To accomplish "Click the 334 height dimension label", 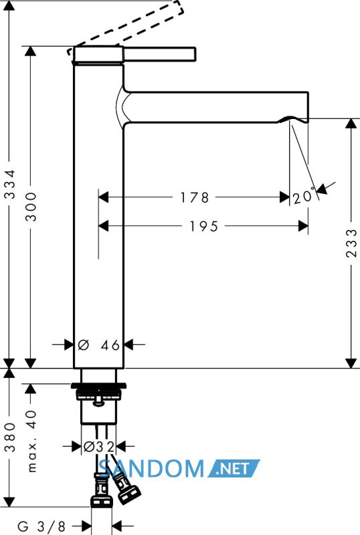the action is click(11, 185).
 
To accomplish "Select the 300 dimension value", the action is click(31, 207).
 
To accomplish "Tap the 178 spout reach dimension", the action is click(194, 197).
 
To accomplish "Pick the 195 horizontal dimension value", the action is click(204, 226).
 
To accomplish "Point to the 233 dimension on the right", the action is click(351, 243).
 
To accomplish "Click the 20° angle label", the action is click(304, 197).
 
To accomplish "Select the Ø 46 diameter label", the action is click(99, 345).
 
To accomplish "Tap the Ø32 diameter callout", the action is click(99, 446).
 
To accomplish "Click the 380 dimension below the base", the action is click(11, 437).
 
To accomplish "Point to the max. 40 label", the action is click(31, 441).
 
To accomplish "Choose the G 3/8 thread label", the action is click(41, 526).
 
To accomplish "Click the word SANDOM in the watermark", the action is click(152, 469).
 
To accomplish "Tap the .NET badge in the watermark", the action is click(234, 469).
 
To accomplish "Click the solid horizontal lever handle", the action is click(159, 54).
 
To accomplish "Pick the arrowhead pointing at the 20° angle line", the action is click(322, 189).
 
